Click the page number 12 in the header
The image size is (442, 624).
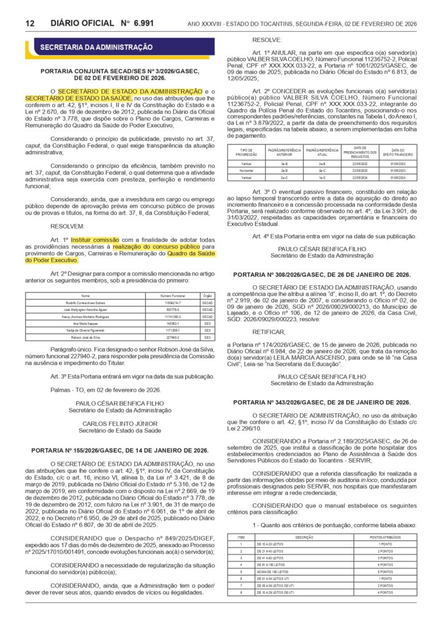point(29,23)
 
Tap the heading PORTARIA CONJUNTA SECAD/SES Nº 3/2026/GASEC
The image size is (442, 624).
point(119,71)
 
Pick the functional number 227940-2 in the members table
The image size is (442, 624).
point(169,336)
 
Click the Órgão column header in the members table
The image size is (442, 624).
point(208,296)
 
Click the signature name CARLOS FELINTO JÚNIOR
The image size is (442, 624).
point(119,423)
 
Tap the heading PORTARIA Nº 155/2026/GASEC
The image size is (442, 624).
point(119,450)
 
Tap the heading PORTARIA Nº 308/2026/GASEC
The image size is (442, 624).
point(321,275)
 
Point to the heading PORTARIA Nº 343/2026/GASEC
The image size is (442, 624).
point(321,403)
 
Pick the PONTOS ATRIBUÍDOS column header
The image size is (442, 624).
point(385,537)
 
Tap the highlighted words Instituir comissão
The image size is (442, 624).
point(91,240)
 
